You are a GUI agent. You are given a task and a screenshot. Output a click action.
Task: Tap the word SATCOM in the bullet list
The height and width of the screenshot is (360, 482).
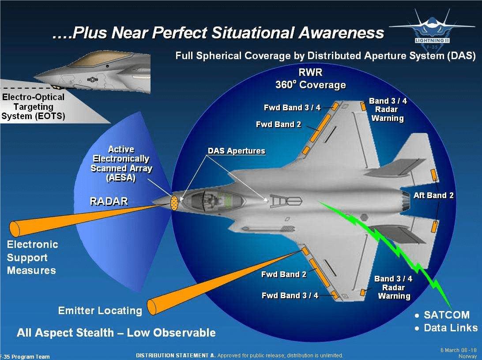click(x=446, y=315)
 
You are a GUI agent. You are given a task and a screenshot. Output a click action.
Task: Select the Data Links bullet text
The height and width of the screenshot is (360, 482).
click(x=450, y=328)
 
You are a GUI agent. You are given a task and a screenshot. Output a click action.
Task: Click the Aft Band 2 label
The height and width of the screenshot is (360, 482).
click(x=433, y=195)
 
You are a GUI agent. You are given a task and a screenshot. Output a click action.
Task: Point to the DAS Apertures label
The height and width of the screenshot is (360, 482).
click(x=236, y=151)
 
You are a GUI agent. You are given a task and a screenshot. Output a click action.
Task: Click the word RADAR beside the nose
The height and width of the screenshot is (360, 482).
click(x=109, y=202)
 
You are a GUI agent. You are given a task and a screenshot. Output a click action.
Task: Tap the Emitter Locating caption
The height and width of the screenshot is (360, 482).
click(x=100, y=311)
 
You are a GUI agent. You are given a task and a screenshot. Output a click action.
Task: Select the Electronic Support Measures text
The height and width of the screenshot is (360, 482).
click(x=32, y=257)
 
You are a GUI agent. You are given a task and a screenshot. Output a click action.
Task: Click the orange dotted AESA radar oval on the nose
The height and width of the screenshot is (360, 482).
click(x=175, y=203)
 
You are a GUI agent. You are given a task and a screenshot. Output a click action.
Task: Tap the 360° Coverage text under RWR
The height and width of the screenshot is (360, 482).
click(x=310, y=85)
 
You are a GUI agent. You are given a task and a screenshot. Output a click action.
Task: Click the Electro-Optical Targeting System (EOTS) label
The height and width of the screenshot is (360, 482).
click(x=33, y=107)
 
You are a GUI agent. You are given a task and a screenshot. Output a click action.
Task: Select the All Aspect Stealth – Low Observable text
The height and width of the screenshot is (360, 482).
click(x=116, y=333)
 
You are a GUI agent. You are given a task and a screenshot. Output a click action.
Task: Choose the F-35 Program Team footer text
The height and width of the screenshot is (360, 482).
click(x=25, y=356)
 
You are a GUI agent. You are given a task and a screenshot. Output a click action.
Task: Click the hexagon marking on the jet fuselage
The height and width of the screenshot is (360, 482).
click(x=364, y=217)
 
